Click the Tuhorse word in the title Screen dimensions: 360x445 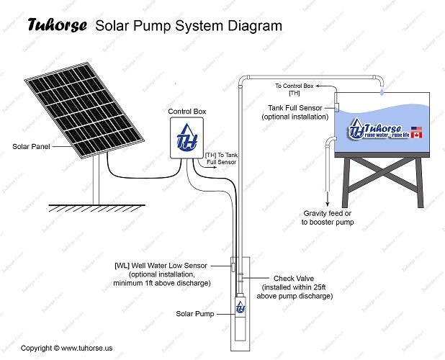point(57,25)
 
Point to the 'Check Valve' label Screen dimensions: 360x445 point(292,278)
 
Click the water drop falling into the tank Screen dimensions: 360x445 point(382,92)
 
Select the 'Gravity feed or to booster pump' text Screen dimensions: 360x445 point(328,218)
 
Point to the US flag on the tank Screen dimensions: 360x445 point(415,127)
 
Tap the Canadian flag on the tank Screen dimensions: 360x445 point(415,135)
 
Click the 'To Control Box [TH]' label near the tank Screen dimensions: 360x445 point(295,89)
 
